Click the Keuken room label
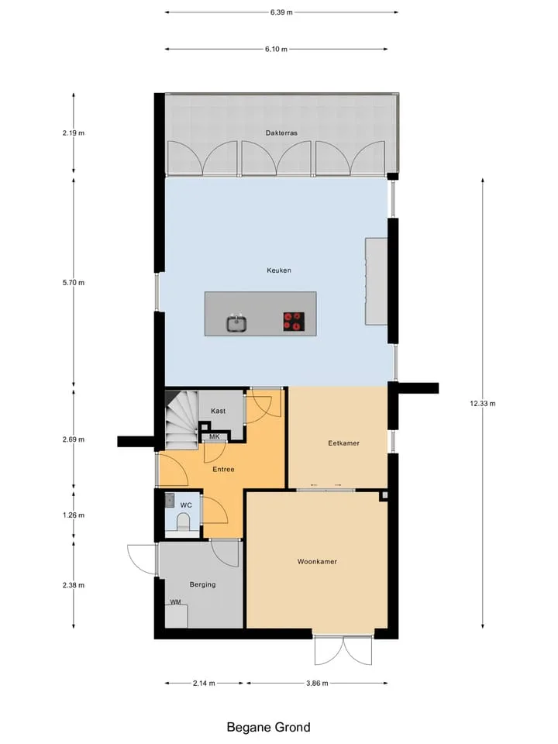tap(278, 270)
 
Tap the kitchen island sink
tap(236, 324)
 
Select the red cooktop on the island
tap(294, 321)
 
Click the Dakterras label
tap(281, 133)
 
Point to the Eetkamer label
tap(343, 443)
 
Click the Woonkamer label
tap(317, 562)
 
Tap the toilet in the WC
tap(183, 525)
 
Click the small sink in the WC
tap(170, 499)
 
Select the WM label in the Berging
tap(176, 602)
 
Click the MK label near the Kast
tap(215, 436)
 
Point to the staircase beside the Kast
tap(181, 419)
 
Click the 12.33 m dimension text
tap(483, 404)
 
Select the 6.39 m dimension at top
tap(281, 12)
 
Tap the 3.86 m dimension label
tap(317, 684)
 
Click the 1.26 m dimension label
tap(74, 515)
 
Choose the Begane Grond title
tap(269, 728)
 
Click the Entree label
tap(223, 470)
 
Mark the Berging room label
tap(202, 584)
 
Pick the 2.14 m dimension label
tap(204, 684)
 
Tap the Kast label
tap(219, 411)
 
